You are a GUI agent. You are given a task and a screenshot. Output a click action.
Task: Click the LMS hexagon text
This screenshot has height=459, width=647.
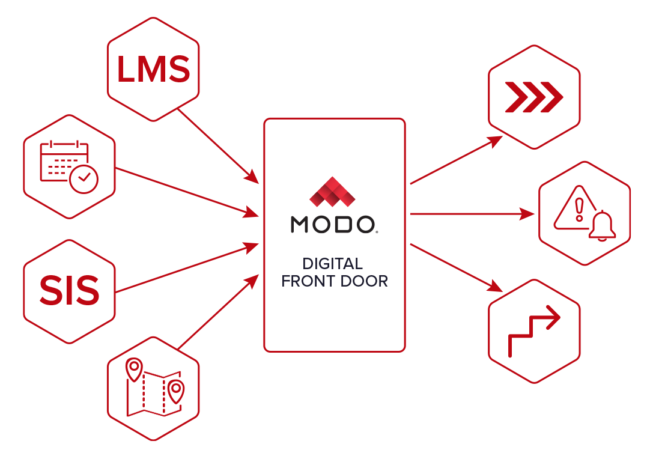point(153,70)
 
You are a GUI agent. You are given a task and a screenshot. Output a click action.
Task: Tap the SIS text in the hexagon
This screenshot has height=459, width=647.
point(69,291)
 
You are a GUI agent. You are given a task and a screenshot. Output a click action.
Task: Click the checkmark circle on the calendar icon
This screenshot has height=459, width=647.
point(84,178)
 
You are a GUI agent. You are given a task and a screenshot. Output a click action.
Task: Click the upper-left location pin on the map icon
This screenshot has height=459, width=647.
point(135,368)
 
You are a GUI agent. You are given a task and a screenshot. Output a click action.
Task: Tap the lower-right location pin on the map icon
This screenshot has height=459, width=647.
point(175,391)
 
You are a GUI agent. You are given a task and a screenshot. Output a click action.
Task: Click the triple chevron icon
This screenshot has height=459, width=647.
point(533,96)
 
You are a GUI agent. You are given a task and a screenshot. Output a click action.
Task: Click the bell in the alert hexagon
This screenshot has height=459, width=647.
point(601,226)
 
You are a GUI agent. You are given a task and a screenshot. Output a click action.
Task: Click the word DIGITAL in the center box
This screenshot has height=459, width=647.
point(332,264)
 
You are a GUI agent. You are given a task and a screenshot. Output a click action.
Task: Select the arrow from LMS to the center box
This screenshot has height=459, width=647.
point(219,146)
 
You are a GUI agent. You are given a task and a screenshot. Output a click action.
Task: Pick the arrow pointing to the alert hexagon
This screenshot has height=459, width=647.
point(472,213)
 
